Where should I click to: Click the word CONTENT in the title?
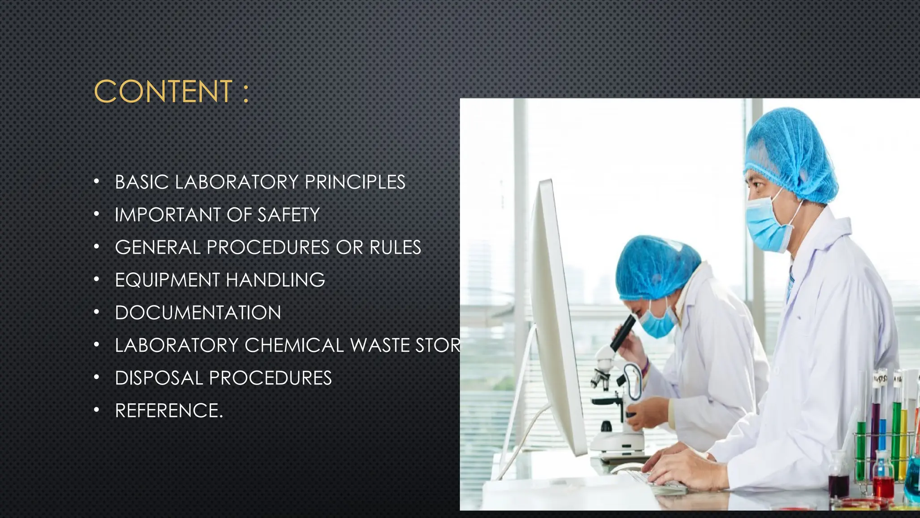click(163, 92)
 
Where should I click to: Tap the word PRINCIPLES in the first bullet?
click(355, 182)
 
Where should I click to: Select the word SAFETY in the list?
click(288, 215)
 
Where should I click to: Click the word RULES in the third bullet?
click(395, 248)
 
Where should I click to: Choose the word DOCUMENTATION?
click(198, 313)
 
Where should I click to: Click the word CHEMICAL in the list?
click(294, 345)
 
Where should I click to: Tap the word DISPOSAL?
click(159, 378)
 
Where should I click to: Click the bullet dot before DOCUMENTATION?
click(96, 312)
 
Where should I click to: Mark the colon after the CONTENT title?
click(245, 93)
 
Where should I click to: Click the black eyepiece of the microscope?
click(623, 333)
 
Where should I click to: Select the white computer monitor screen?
click(557, 315)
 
